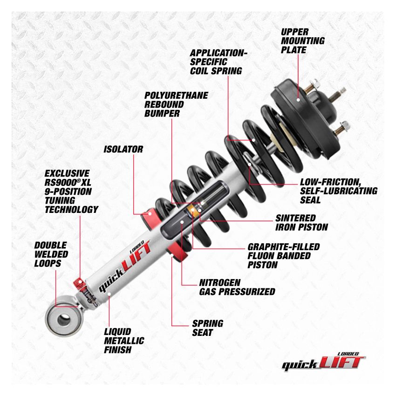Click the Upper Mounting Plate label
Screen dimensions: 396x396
[302, 41]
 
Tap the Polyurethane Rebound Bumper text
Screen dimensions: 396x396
[176, 104]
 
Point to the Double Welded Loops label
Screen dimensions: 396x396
[51, 254]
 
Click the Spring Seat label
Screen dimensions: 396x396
[208, 328]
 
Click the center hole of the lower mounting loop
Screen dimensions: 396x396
[61, 321]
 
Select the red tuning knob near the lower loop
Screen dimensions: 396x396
[79, 283]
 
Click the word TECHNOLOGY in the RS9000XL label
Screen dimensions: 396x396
[71, 210]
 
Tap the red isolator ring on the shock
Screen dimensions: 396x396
[151, 215]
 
